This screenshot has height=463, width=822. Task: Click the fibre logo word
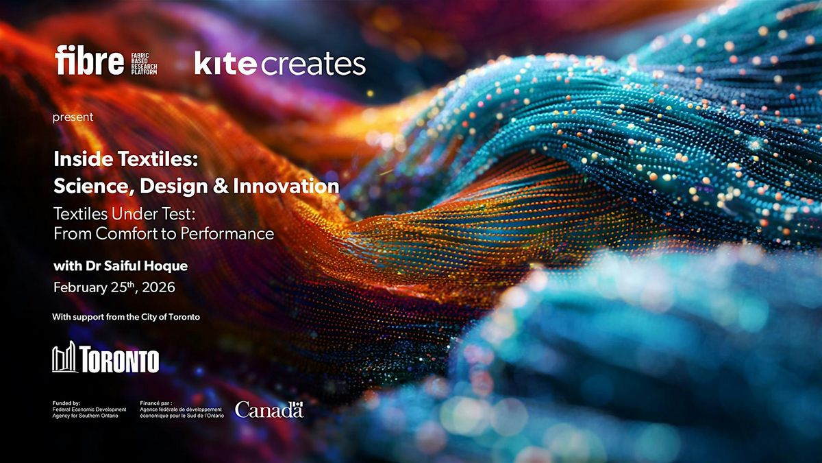(90, 60)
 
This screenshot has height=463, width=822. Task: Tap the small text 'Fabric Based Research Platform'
(145, 64)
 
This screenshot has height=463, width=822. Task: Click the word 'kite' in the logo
(225, 63)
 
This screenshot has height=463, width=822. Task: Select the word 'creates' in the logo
(313, 64)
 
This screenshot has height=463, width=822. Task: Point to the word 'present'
(73, 117)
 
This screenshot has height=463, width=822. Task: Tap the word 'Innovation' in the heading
(286, 186)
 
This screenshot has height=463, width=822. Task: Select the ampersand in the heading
(221, 186)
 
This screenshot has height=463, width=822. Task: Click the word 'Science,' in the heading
(94, 187)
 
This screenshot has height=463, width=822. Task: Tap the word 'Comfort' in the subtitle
(123, 234)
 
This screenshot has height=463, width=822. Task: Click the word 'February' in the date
(79, 287)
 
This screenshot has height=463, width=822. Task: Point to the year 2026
(158, 287)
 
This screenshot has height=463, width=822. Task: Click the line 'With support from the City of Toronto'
(126, 317)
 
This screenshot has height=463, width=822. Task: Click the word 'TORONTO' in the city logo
(120, 359)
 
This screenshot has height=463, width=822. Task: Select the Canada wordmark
(269, 409)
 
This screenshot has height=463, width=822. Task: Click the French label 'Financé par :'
(156, 403)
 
